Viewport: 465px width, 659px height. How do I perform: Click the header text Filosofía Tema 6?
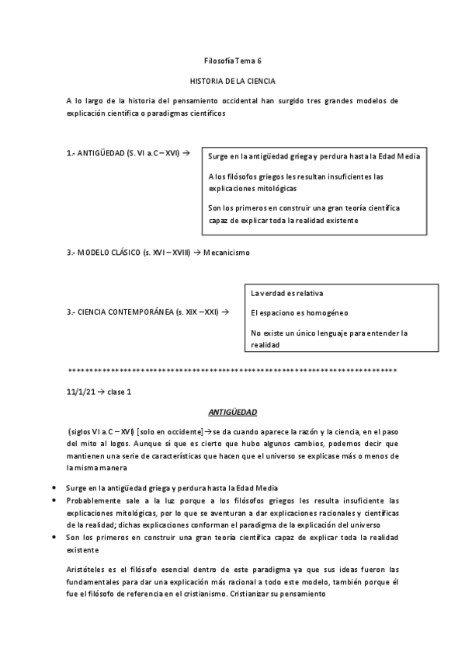tap(233, 61)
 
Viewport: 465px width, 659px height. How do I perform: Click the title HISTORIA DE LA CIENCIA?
tap(233, 81)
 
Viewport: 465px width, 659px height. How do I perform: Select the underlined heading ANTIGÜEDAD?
tap(233, 412)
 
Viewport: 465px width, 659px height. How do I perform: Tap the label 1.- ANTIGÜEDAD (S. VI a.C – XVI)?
tap(124, 154)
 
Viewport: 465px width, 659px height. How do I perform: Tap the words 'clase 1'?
tap(119, 392)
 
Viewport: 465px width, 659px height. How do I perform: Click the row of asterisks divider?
tap(233, 371)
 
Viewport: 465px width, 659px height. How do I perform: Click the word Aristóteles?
tap(90, 570)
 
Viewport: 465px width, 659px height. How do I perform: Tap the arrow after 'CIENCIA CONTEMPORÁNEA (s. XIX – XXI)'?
tap(225, 312)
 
